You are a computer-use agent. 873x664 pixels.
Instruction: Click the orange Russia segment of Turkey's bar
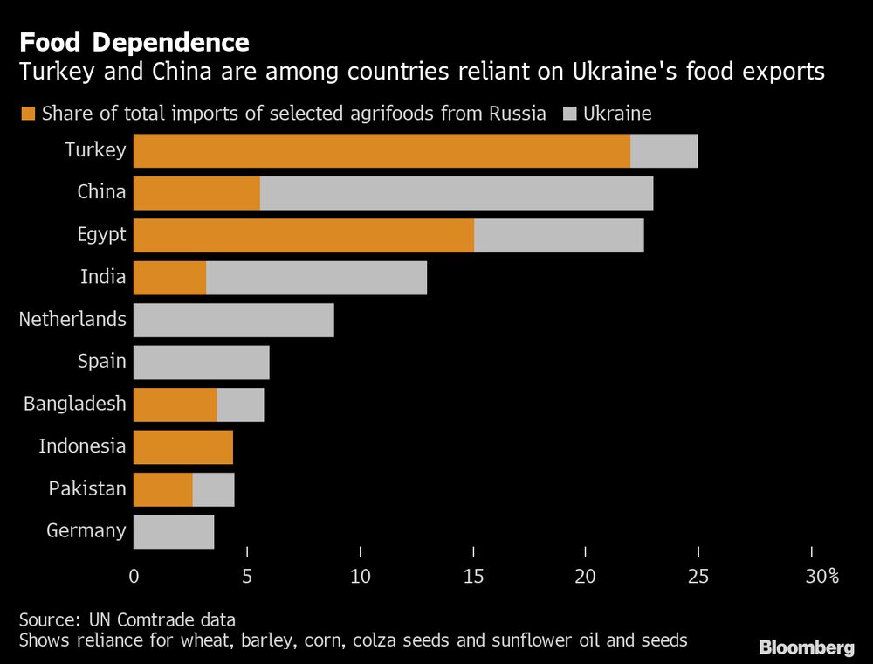click(382, 150)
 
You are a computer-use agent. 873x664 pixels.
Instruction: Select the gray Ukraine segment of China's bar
click(456, 193)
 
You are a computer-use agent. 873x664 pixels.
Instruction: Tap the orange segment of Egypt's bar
click(304, 235)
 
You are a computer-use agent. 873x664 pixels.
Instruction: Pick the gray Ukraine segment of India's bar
click(316, 278)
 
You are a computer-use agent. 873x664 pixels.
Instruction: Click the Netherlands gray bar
click(234, 320)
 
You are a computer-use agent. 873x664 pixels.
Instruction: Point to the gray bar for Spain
click(202, 363)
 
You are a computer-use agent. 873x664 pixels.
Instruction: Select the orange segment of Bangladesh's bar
click(175, 405)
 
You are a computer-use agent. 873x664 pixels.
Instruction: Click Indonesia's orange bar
click(183, 447)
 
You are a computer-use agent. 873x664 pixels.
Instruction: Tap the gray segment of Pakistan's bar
click(213, 489)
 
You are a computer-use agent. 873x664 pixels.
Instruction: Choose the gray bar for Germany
click(174, 531)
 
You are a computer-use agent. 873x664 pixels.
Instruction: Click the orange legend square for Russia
click(27, 114)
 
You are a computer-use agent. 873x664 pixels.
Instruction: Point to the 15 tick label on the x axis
click(472, 576)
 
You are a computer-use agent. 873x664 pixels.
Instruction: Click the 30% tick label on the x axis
click(821, 576)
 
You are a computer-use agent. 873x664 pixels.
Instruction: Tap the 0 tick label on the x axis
click(134, 576)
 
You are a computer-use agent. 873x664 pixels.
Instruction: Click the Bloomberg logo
click(806, 647)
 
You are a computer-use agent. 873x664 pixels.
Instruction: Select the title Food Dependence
click(134, 42)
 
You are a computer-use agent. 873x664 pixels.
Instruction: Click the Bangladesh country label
click(75, 404)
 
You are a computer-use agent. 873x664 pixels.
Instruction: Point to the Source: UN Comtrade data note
click(127, 619)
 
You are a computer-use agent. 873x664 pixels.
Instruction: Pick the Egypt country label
click(101, 234)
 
